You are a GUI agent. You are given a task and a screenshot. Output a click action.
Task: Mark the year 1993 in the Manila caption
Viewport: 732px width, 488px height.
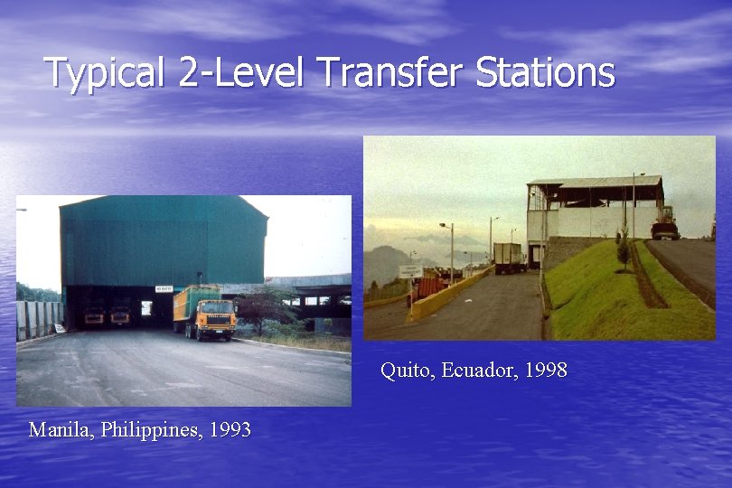230,430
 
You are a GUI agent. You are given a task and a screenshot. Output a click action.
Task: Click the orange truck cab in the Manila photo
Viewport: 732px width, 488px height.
215,319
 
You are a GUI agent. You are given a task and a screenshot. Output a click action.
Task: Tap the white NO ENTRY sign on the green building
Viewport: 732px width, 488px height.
164,288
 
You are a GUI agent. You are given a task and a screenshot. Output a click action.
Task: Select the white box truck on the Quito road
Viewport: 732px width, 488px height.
507,258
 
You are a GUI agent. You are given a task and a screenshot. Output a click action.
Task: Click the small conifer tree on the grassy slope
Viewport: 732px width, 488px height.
623,247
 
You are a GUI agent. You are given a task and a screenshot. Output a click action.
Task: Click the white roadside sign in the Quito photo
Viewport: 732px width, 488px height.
411,270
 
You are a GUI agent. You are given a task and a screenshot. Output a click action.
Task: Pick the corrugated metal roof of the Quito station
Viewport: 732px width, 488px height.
596,182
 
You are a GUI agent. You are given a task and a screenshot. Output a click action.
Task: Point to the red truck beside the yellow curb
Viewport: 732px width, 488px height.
430,288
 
